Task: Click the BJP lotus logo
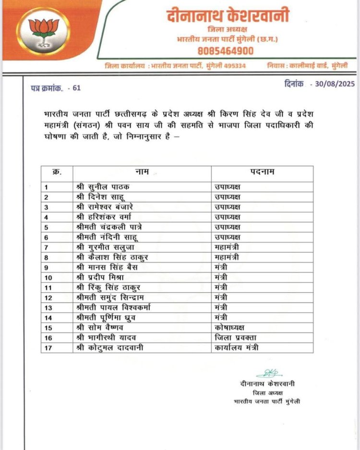click(x=43, y=31)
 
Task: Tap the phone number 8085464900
click(x=226, y=50)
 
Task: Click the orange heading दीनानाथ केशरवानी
click(x=228, y=16)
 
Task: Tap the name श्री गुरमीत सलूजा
click(x=104, y=247)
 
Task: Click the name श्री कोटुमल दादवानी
click(x=110, y=347)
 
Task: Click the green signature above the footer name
click(x=268, y=373)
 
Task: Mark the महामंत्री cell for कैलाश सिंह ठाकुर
click(x=227, y=257)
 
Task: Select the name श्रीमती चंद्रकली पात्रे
click(x=109, y=227)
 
